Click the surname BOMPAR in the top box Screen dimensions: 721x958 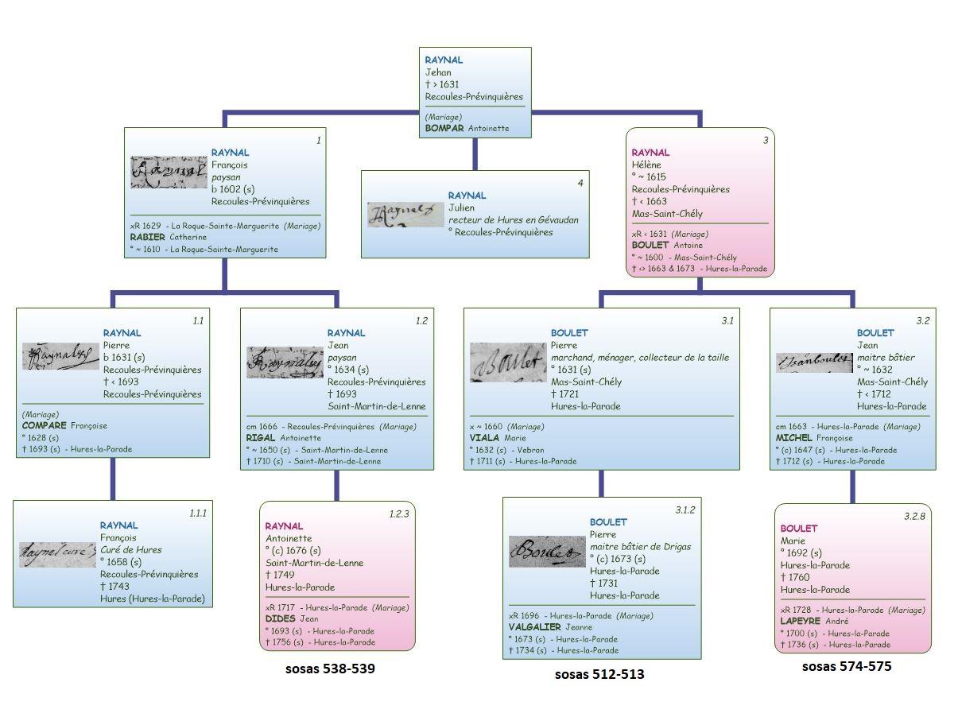coord(444,128)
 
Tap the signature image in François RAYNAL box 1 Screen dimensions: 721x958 coord(169,172)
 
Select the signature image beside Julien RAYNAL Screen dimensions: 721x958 coord(405,215)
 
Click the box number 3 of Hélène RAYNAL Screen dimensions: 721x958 coord(766,141)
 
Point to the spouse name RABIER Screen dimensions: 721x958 coord(147,237)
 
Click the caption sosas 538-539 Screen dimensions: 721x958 coord(330,669)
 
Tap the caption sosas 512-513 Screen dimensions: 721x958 coord(599,675)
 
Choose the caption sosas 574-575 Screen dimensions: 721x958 coord(847,667)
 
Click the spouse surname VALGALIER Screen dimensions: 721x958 coord(534,627)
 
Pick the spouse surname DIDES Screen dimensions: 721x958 coord(280,618)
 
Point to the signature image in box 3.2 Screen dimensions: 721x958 coord(813,362)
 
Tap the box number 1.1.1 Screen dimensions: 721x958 coord(197,514)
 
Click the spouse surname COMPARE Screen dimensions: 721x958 coord(45,425)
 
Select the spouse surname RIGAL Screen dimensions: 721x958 coord(261,437)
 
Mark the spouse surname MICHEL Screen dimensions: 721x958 coord(793,437)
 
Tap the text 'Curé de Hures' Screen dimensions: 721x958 coord(130,549)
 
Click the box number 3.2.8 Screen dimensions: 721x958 coord(915,517)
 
